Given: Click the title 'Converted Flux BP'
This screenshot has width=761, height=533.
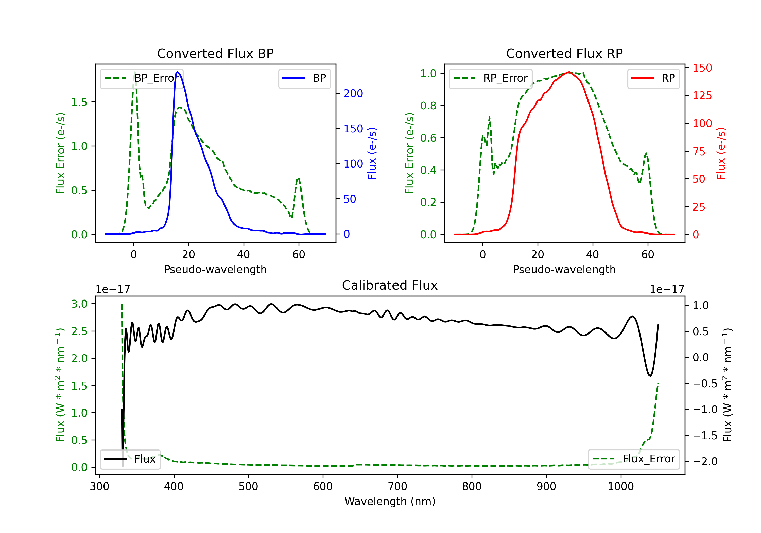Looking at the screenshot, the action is pos(215,53).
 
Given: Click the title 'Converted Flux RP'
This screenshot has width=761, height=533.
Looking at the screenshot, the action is pos(564,53).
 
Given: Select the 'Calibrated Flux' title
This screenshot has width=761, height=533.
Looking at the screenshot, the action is pos(390,285).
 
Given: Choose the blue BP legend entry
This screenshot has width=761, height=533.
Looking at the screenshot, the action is pos(304,78).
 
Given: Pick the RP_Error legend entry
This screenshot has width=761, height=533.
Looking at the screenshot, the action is pos(491,78).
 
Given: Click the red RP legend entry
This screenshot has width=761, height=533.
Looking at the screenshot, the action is pos(653,78).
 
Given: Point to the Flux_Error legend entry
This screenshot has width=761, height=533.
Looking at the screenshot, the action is pos(634,459).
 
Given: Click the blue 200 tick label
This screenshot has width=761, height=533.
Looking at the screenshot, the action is pos(353,94).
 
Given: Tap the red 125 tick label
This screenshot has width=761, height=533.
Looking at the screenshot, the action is pos(702,95).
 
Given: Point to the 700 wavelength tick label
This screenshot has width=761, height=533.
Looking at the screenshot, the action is pos(397,487).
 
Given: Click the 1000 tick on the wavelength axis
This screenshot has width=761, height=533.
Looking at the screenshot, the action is pos(621,487).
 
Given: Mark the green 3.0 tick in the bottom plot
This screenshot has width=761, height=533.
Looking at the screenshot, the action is pos(79,304).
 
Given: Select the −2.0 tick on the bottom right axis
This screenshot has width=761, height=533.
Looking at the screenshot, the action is pos(705,461).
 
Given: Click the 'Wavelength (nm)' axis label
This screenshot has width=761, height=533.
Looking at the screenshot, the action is pos(390,501).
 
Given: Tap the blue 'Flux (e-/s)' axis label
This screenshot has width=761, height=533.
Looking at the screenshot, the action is pos(372,154).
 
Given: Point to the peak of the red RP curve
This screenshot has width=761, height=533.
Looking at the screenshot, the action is pos(568,72).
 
